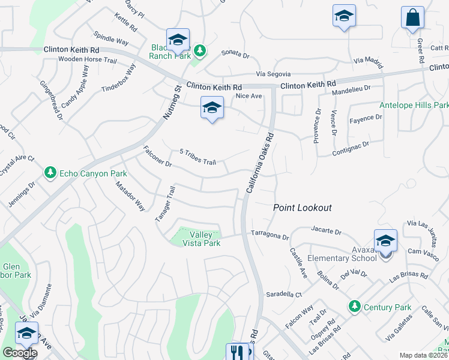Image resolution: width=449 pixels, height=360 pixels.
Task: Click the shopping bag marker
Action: point(413,17)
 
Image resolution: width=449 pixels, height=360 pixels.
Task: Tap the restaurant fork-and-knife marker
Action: point(235,352)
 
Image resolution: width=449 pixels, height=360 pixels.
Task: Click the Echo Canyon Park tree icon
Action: point(50,173)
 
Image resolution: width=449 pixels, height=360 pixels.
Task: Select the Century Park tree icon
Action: point(355,307)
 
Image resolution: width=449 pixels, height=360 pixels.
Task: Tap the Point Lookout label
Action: point(303,208)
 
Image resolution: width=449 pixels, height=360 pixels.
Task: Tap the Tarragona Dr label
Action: point(270,234)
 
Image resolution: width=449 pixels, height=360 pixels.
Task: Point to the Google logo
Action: point(19,353)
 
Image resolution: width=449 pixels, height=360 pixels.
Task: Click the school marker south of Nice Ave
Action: point(212,108)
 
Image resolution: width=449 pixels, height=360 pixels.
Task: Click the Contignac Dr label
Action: point(351,149)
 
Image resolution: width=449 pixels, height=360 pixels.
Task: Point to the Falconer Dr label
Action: point(157,156)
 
